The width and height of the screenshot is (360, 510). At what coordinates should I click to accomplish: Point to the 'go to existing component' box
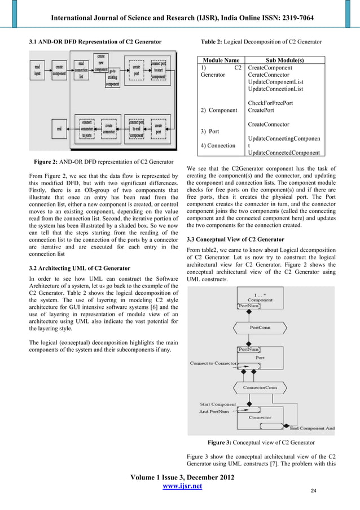[112, 76]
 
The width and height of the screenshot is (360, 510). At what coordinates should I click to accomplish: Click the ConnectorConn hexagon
[260, 388]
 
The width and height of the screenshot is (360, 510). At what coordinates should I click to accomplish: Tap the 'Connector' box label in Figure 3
[260, 417]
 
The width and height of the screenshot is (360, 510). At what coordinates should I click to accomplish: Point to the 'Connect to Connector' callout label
[212, 363]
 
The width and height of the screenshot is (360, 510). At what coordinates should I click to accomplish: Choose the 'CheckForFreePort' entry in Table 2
[270, 103]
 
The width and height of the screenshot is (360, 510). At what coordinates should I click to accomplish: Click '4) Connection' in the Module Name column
[218, 146]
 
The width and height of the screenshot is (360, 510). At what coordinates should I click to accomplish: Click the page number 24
[313, 491]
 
